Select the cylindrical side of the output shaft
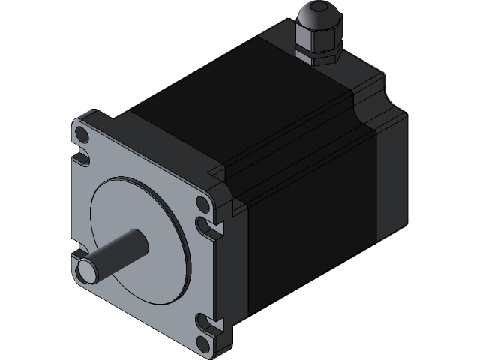pos(120,250)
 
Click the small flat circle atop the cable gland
pos(316,8)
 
